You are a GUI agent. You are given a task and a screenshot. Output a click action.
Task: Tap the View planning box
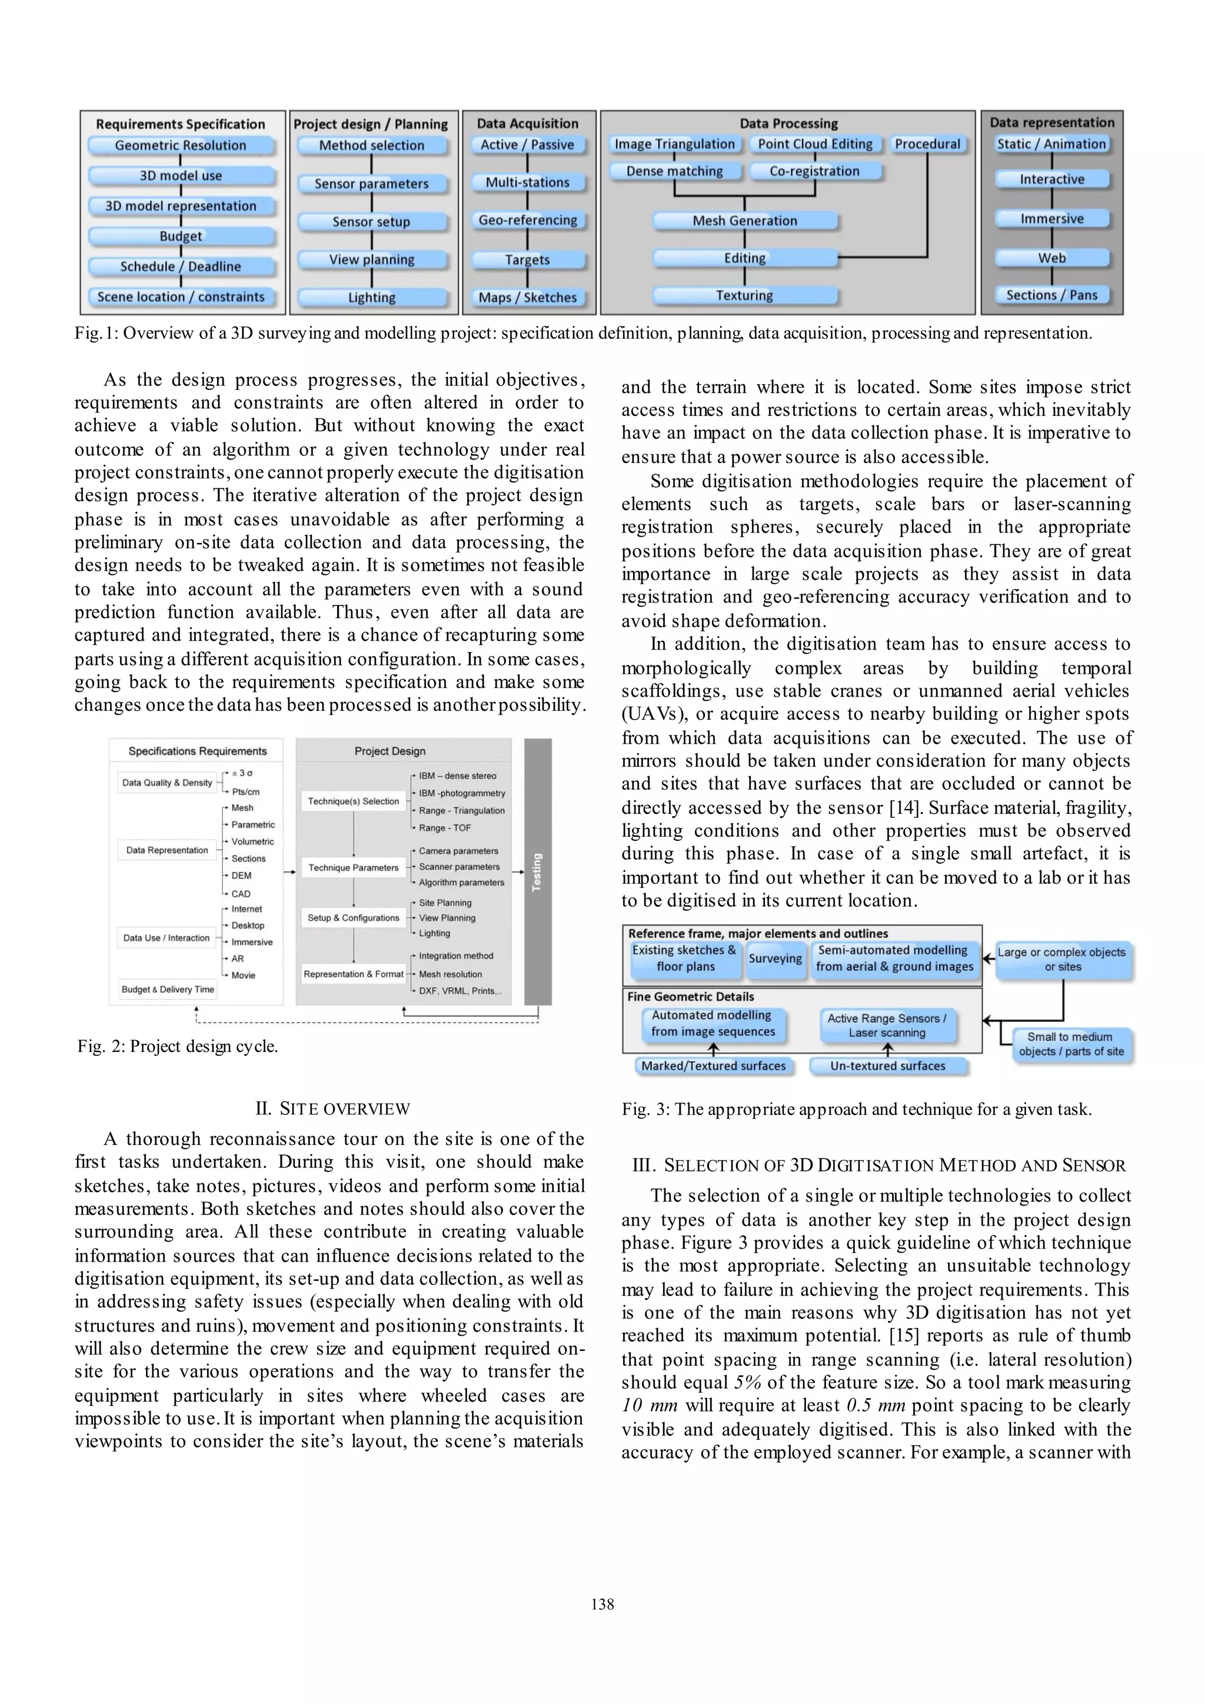coord(372,259)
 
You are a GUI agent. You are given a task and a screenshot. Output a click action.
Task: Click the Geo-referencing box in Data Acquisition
coord(528,221)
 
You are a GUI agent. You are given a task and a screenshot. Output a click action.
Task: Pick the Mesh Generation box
coord(745,221)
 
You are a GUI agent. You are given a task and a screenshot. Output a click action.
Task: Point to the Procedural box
coord(927,144)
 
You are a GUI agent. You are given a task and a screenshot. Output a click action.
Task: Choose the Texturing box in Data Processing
coord(745,295)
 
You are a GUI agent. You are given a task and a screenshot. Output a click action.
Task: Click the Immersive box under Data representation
coord(1051,219)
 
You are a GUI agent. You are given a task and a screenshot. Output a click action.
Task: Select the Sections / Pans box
coord(1051,295)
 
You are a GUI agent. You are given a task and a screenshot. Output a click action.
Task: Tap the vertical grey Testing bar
coord(538,871)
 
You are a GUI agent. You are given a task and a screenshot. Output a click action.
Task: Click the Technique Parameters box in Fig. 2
coord(353,867)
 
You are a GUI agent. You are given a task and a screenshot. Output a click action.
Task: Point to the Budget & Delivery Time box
coord(168,989)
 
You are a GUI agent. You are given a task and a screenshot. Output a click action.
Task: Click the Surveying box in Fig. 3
coord(775,958)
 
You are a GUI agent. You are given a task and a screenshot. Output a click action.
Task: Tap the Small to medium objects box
coord(1071,1044)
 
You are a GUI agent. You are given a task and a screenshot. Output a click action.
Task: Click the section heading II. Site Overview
coord(332,1109)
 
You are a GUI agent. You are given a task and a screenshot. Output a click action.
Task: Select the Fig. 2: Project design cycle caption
coord(178,1046)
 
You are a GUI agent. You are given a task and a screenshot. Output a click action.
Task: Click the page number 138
coord(602,1605)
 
